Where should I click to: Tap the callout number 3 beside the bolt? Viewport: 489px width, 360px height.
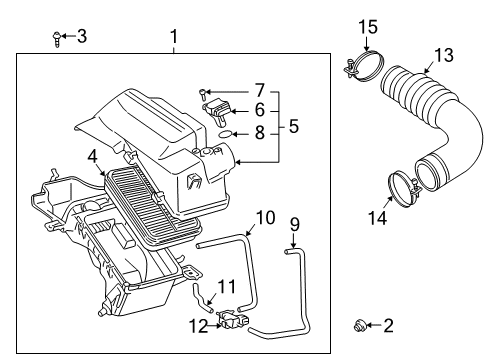pos(81,38)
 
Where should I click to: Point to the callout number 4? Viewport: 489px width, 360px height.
pos(92,155)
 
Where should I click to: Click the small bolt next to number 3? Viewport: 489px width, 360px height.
pos(55,38)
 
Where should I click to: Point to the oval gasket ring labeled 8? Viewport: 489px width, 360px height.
pos(227,130)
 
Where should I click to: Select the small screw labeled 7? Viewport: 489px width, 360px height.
pos(205,93)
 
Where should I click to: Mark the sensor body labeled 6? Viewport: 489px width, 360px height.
pos(219,110)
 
